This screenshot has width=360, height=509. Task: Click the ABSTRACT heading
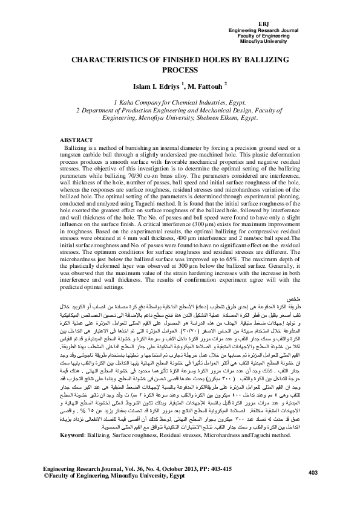click(x=79, y=139)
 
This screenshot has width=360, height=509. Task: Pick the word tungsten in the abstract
click(x=74, y=154)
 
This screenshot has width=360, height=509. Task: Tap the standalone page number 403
click(x=314, y=488)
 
